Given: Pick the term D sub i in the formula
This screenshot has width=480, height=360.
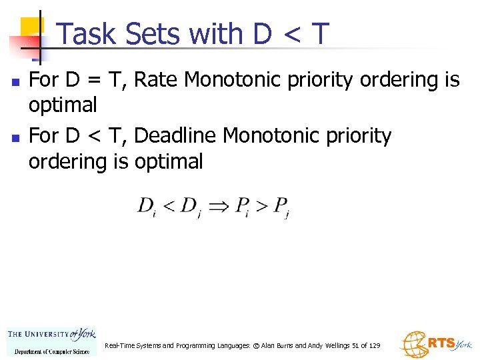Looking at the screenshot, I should click(x=147, y=207).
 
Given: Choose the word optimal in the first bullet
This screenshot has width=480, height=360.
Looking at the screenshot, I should click(x=63, y=105).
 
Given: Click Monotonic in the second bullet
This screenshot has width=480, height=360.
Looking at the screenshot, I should click(x=270, y=135).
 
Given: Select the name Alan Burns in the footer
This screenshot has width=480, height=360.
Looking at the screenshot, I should click(x=277, y=346).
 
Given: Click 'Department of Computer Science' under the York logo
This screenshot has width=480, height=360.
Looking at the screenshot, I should click(x=52, y=351).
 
